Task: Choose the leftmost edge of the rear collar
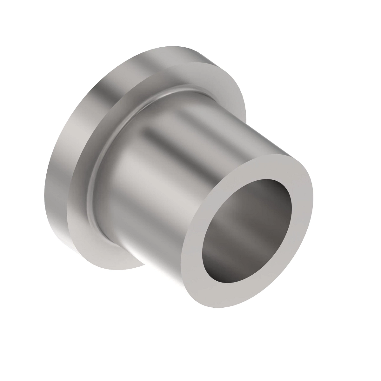point(43,194)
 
